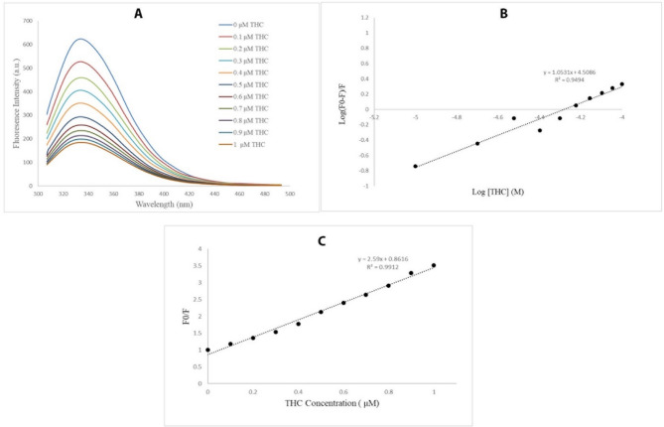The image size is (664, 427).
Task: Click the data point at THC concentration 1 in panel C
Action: [434, 265]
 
